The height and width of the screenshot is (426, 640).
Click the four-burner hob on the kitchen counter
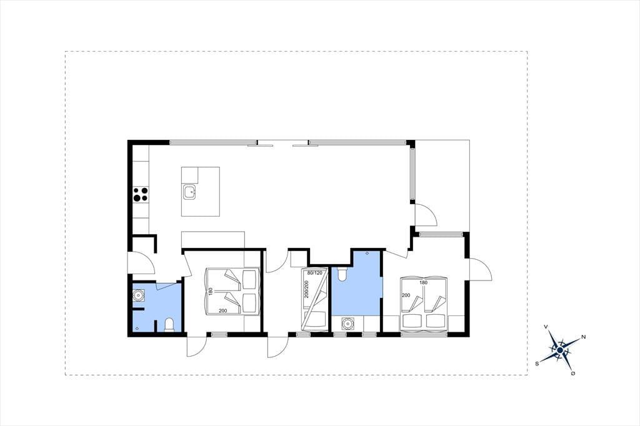(x=141, y=194)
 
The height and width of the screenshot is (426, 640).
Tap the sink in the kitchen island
(x=190, y=192)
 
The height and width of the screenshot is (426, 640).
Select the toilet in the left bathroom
(x=169, y=325)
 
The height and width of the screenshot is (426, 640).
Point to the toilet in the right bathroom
(x=342, y=274)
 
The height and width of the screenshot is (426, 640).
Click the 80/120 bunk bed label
(x=314, y=272)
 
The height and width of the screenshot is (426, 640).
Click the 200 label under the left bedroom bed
(x=223, y=311)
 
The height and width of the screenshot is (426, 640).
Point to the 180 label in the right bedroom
(x=423, y=282)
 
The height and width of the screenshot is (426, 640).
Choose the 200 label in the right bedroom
(x=406, y=295)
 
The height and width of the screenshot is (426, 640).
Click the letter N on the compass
(x=584, y=337)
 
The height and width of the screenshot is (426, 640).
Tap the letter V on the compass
(x=546, y=327)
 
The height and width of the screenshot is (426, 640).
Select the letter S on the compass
(x=537, y=363)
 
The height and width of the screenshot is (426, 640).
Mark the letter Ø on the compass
(x=574, y=373)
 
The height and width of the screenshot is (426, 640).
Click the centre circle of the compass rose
(x=560, y=350)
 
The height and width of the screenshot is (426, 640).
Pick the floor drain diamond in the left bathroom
(x=137, y=328)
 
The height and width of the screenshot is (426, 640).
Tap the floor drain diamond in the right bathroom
(x=367, y=254)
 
